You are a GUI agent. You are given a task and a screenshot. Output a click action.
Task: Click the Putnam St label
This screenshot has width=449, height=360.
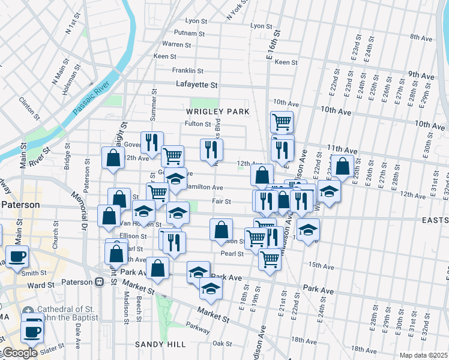click(190, 32)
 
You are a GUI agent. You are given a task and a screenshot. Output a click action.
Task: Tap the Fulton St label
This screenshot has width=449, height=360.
click(197, 124)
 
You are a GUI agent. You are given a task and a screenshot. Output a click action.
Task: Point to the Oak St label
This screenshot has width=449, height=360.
click(222, 343)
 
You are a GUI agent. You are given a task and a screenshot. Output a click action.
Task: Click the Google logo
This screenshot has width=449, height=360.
click(19, 353)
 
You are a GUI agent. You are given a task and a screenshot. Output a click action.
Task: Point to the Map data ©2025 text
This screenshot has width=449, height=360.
click(423, 355)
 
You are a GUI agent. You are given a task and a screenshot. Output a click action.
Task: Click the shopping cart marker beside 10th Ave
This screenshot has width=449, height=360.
click(282, 122)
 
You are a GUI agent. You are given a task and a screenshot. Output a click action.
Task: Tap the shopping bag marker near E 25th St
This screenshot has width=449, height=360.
click(342, 166)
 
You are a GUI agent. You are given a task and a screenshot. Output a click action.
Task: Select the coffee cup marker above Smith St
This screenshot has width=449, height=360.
click(16, 256)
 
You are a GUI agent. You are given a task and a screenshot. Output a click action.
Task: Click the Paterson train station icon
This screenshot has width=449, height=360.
click(100, 282)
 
